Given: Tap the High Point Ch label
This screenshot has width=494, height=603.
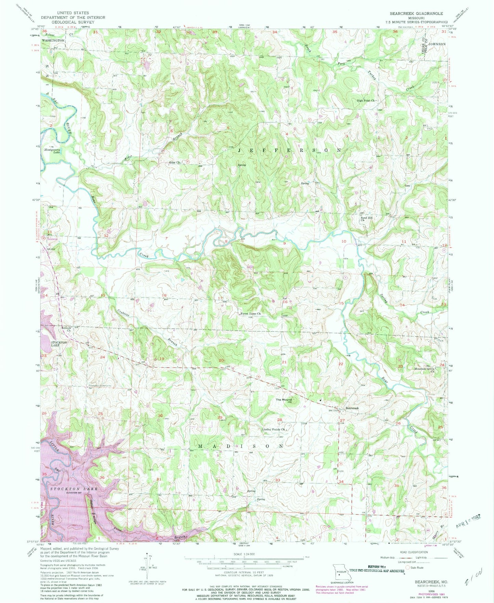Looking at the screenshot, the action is (x=366, y=101).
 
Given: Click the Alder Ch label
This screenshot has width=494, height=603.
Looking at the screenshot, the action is (x=174, y=163).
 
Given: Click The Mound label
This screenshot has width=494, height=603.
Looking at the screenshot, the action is (x=284, y=400).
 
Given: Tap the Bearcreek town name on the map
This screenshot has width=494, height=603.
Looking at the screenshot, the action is (x=352, y=408).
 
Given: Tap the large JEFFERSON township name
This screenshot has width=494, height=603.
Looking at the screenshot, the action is (x=289, y=150).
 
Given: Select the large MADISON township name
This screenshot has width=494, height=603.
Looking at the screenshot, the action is (x=241, y=446).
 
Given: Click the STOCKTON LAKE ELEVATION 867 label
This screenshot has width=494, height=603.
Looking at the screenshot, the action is (x=74, y=489).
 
